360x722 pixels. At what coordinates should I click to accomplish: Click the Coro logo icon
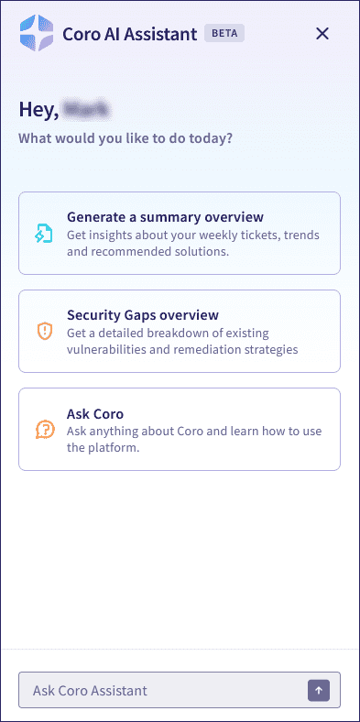36,34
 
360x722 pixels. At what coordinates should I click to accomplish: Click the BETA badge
224,34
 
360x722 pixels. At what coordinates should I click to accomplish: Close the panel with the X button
322,34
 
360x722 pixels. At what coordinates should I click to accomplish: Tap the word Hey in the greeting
38,109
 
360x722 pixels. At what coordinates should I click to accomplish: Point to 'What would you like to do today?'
125,139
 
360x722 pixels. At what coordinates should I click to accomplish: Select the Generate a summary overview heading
165,217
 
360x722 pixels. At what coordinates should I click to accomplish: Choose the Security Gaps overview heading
142,315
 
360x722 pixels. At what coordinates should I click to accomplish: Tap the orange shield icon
44,331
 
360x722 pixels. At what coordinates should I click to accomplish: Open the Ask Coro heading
95,413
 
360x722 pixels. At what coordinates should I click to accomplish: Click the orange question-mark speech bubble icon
44,429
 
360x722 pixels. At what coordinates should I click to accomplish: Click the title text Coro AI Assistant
129,34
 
